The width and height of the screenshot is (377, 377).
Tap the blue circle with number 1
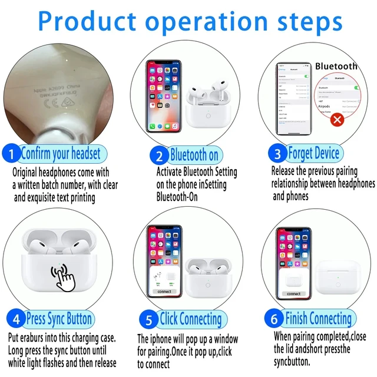pyautogui.click(x=11, y=154)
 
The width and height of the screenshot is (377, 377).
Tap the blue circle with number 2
pyautogui.click(x=159, y=156)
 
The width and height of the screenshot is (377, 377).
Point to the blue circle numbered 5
pyautogui.click(x=149, y=320)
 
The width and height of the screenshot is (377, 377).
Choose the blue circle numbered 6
pyautogui.click(x=275, y=319)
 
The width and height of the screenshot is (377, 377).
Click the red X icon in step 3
pyautogui.click(x=338, y=120)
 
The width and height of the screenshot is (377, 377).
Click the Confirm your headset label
pyautogui.click(x=61, y=154)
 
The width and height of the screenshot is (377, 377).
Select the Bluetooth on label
pyautogui.click(x=194, y=156)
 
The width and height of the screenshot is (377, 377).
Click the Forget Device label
pyautogui.click(x=313, y=154)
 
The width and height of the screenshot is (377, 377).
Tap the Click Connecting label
pyautogui.click(x=190, y=320)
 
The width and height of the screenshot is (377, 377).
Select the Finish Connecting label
pyautogui.click(x=318, y=319)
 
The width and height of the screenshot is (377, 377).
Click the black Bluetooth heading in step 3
pyautogui.click(x=336, y=66)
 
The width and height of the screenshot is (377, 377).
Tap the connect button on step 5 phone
pyautogui.click(x=165, y=292)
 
